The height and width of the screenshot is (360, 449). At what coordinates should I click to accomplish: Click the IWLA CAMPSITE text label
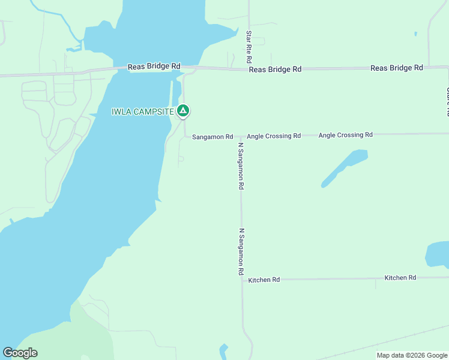point(143,112)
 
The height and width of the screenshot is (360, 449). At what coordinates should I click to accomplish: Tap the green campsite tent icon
point(184,110)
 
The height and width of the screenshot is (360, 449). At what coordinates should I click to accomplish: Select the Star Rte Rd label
point(248,47)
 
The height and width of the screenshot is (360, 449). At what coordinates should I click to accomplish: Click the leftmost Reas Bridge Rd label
point(154,67)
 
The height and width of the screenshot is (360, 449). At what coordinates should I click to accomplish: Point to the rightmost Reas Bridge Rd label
point(397,68)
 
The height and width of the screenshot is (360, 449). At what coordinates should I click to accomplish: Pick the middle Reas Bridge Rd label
point(275,70)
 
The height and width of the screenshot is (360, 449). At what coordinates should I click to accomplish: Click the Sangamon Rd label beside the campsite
point(212,137)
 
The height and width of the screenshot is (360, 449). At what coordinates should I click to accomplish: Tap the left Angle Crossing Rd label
point(273,136)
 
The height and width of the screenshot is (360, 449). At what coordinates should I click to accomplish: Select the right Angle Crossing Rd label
point(345,135)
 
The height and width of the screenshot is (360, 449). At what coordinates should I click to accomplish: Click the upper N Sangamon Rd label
point(241,166)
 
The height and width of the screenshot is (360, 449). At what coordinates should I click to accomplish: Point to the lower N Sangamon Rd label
point(241,251)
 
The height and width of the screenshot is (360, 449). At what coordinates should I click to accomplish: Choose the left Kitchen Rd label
point(264,280)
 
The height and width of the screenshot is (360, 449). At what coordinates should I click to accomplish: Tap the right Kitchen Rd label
point(400,278)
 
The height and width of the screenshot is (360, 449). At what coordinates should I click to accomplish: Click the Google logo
point(20,353)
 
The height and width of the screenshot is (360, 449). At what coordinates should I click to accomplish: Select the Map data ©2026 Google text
point(412,355)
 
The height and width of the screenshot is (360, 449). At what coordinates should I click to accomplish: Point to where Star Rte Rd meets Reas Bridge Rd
point(249,69)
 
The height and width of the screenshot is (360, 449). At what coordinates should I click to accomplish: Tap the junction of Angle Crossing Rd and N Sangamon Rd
point(241,136)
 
